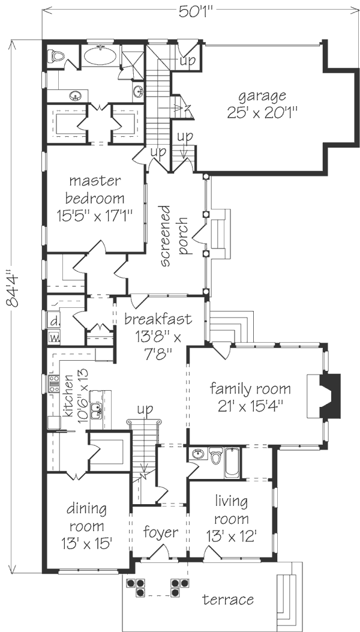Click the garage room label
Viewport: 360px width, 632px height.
262,104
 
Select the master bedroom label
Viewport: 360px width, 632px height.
95,198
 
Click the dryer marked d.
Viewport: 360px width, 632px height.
53,322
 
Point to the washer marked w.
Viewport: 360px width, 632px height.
53,337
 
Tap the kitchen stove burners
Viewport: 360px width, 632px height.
54,384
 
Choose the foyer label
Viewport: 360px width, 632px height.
161,533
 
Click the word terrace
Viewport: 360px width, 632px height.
228,600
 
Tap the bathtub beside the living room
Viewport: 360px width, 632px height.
232,462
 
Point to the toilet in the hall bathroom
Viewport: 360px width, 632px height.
215,456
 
